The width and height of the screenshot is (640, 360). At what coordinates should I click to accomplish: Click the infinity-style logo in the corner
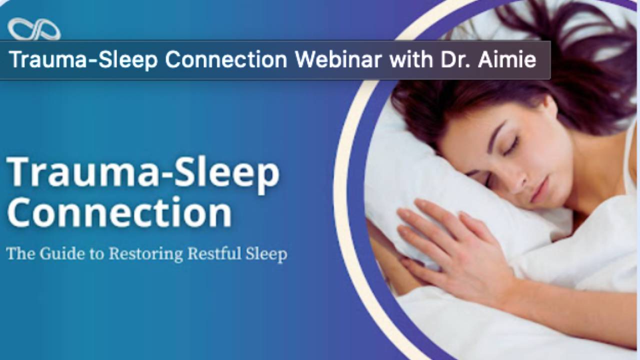[34, 29]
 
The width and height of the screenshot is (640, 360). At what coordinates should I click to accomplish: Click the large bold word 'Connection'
[119, 213]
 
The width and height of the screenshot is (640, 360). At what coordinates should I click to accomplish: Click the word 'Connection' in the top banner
[226, 59]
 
